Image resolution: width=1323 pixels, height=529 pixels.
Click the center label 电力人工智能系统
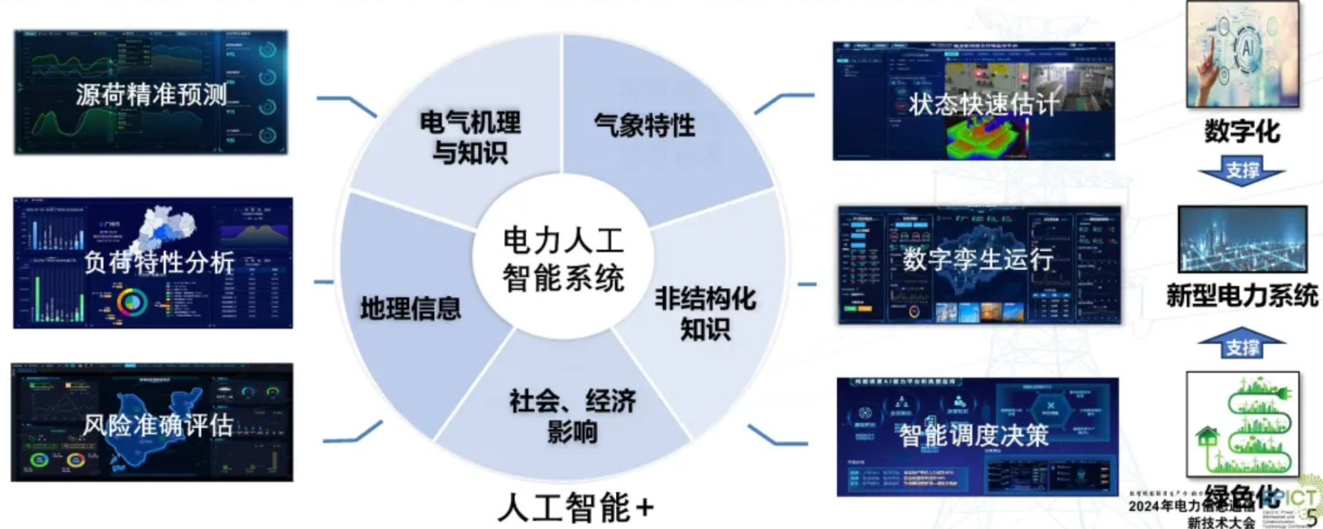pos(563,259)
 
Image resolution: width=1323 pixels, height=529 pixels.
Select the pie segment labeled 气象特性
pos(644,126)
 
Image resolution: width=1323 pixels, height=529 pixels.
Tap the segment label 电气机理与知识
pos(470,137)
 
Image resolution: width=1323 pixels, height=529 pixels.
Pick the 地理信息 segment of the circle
pos(410,309)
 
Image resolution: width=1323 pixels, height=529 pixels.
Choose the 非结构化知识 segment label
pos(705,313)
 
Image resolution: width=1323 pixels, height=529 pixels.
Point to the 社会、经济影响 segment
pos(572,416)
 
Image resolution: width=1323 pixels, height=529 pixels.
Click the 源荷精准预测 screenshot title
pos(151,94)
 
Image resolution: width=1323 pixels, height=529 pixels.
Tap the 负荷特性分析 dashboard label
pos(159,262)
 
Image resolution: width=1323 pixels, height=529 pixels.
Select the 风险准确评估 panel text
pos(157,426)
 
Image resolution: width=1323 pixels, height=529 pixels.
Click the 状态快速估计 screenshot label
pos(983,104)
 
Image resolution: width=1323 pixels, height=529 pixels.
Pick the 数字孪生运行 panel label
pos(977,259)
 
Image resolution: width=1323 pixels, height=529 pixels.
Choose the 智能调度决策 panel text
pos(974,435)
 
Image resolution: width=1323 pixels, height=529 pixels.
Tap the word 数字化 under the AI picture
pos(1242,131)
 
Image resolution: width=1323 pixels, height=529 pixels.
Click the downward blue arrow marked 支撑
pos(1242,171)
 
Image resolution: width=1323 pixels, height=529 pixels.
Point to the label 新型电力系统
pos(1242,296)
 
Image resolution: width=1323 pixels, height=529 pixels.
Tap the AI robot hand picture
pos(1242,54)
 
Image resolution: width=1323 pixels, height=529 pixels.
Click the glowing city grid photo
pos(1242,239)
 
